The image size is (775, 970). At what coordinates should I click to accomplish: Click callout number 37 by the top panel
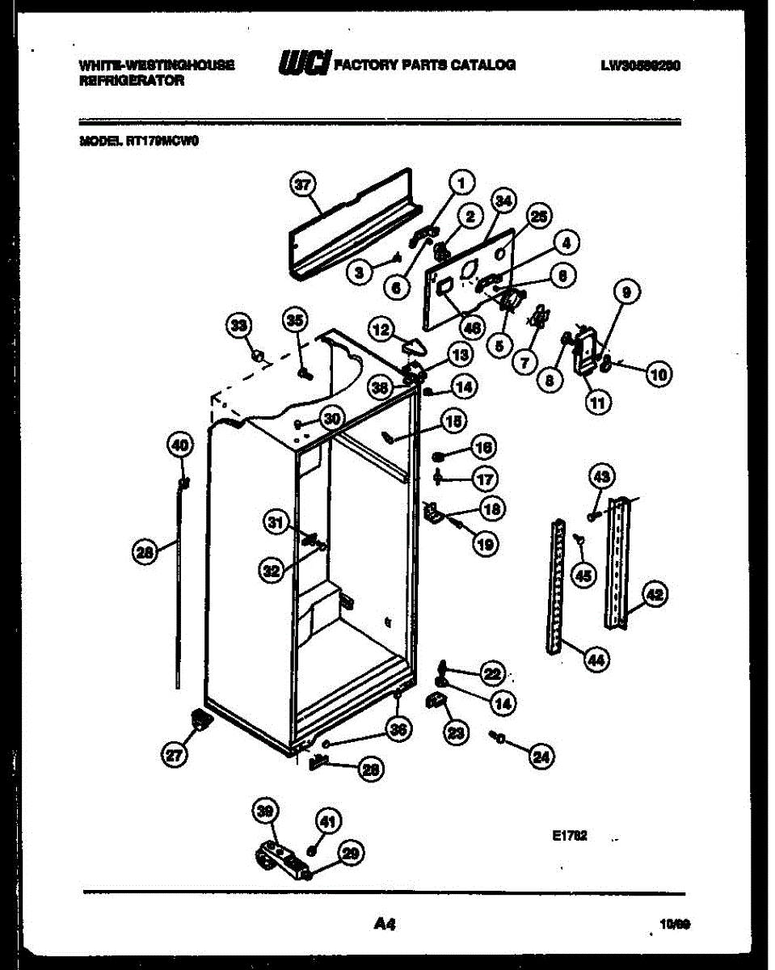pos(302,185)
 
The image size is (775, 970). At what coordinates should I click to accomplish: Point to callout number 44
pos(596,660)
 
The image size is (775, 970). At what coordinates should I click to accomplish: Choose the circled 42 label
pos(655,594)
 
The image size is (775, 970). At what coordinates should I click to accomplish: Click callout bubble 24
pos(541,757)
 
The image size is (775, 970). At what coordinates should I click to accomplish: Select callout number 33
pos(238,325)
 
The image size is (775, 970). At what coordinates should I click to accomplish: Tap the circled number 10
pos(659,373)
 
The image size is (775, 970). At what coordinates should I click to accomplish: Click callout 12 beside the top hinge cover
pos(381,328)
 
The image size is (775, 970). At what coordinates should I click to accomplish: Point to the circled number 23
pos(457,732)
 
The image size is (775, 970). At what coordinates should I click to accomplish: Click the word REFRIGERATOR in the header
pos(132,81)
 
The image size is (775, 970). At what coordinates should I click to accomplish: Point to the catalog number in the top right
pos(639,65)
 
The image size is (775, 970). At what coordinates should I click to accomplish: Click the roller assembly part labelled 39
pos(279,858)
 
